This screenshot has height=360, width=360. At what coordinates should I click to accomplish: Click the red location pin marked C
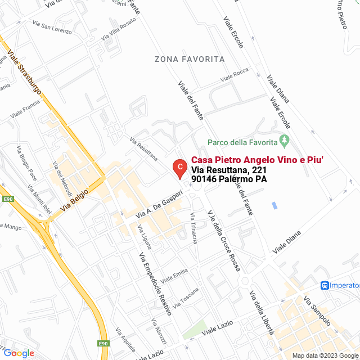tap(179, 167)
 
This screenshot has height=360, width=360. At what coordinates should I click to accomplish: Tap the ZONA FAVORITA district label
tap(190, 59)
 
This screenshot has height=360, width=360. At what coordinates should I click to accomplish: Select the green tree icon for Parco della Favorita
tap(285, 139)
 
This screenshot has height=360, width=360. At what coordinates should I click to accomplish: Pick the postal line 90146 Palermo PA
tap(228, 179)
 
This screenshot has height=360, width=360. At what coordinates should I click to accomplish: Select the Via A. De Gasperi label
tap(160, 204)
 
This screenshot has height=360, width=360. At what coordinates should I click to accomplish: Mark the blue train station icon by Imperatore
tap(325, 286)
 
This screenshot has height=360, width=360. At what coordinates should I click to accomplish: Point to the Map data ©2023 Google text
tap(325, 355)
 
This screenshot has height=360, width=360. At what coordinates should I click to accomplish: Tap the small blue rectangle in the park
tap(274, 205)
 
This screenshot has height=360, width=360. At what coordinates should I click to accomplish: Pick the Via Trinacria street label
tap(194, 228)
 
